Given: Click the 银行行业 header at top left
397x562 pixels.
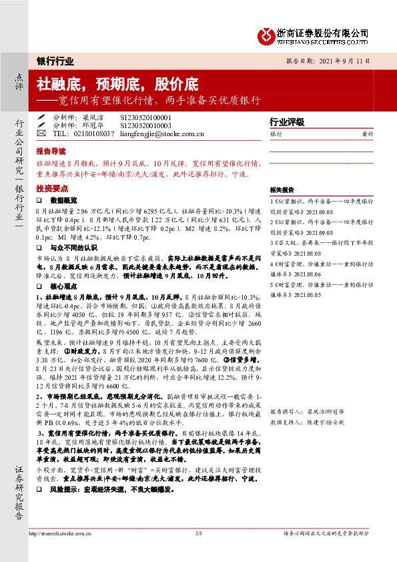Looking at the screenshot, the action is [x=54, y=61].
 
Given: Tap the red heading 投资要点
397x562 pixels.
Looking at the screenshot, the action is [x=51, y=189].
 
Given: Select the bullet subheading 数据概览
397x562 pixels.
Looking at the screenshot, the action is [x=64, y=200].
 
